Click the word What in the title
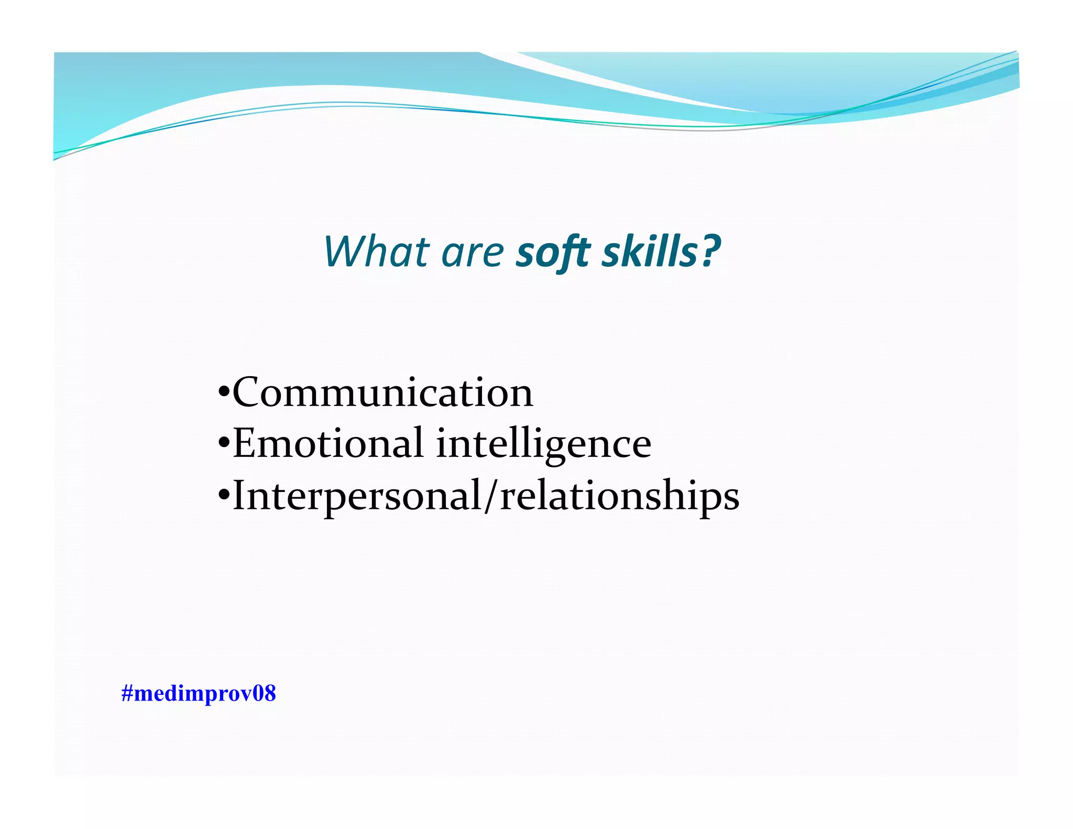(377, 252)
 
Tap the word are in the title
(473, 253)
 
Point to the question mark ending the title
(711, 250)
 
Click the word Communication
(382, 392)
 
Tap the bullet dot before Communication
(224, 392)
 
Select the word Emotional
(328, 443)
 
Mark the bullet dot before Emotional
(224, 443)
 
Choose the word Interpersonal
(357, 496)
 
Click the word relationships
(620, 496)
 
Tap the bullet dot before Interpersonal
(224, 495)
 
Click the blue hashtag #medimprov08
(198, 693)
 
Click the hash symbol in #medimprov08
(127, 693)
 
